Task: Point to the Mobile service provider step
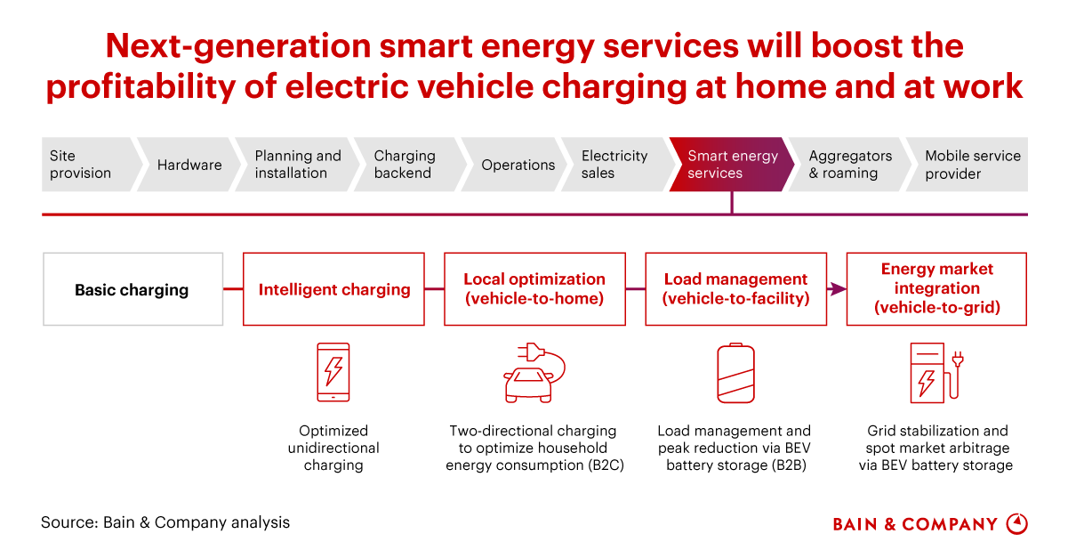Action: (x=967, y=165)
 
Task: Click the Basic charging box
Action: (x=133, y=289)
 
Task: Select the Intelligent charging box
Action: (x=333, y=289)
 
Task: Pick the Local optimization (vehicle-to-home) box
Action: (x=535, y=289)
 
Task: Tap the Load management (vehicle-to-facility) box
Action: (x=736, y=289)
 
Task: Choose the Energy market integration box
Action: (x=937, y=289)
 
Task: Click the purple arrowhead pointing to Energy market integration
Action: (x=838, y=288)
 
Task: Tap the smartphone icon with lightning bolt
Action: (x=333, y=372)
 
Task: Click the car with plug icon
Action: (x=534, y=373)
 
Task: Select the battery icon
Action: (x=735, y=373)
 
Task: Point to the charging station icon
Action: (x=936, y=373)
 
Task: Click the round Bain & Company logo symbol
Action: (x=1017, y=524)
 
